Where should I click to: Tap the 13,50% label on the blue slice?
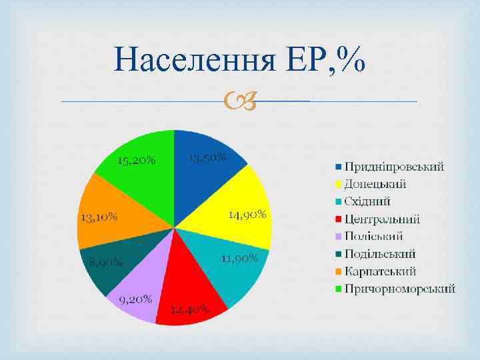(207, 158)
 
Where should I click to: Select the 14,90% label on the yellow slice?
(247, 215)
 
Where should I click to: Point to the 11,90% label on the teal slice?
(239, 259)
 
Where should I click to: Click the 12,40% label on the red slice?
(190, 309)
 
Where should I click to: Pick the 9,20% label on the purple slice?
(136, 299)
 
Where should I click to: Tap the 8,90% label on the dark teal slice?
(106, 262)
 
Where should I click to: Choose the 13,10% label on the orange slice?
(99, 217)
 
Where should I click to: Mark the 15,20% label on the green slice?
(137, 160)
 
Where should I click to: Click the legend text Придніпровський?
(394, 167)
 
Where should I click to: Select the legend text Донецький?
(375, 184)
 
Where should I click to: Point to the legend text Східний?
(367, 201)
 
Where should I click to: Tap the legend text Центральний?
(382, 219)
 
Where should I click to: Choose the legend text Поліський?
(373, 236)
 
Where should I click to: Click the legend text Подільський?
(380, 253)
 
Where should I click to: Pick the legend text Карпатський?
(380, 271)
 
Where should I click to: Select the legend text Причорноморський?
(400, 289)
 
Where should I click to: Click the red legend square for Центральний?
(339, 219)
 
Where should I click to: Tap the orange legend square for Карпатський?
(339, 271)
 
